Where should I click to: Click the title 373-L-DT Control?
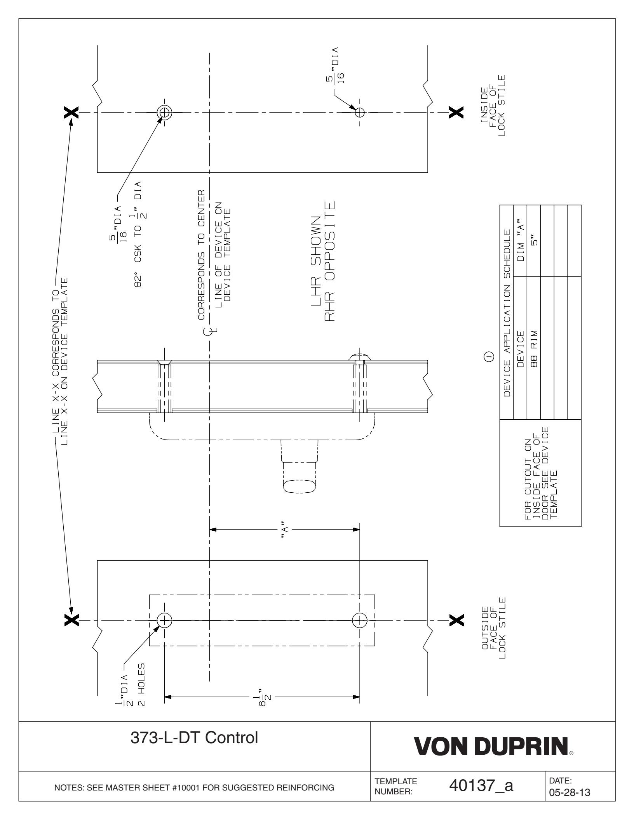pyautogui.click(x=194, y=748)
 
